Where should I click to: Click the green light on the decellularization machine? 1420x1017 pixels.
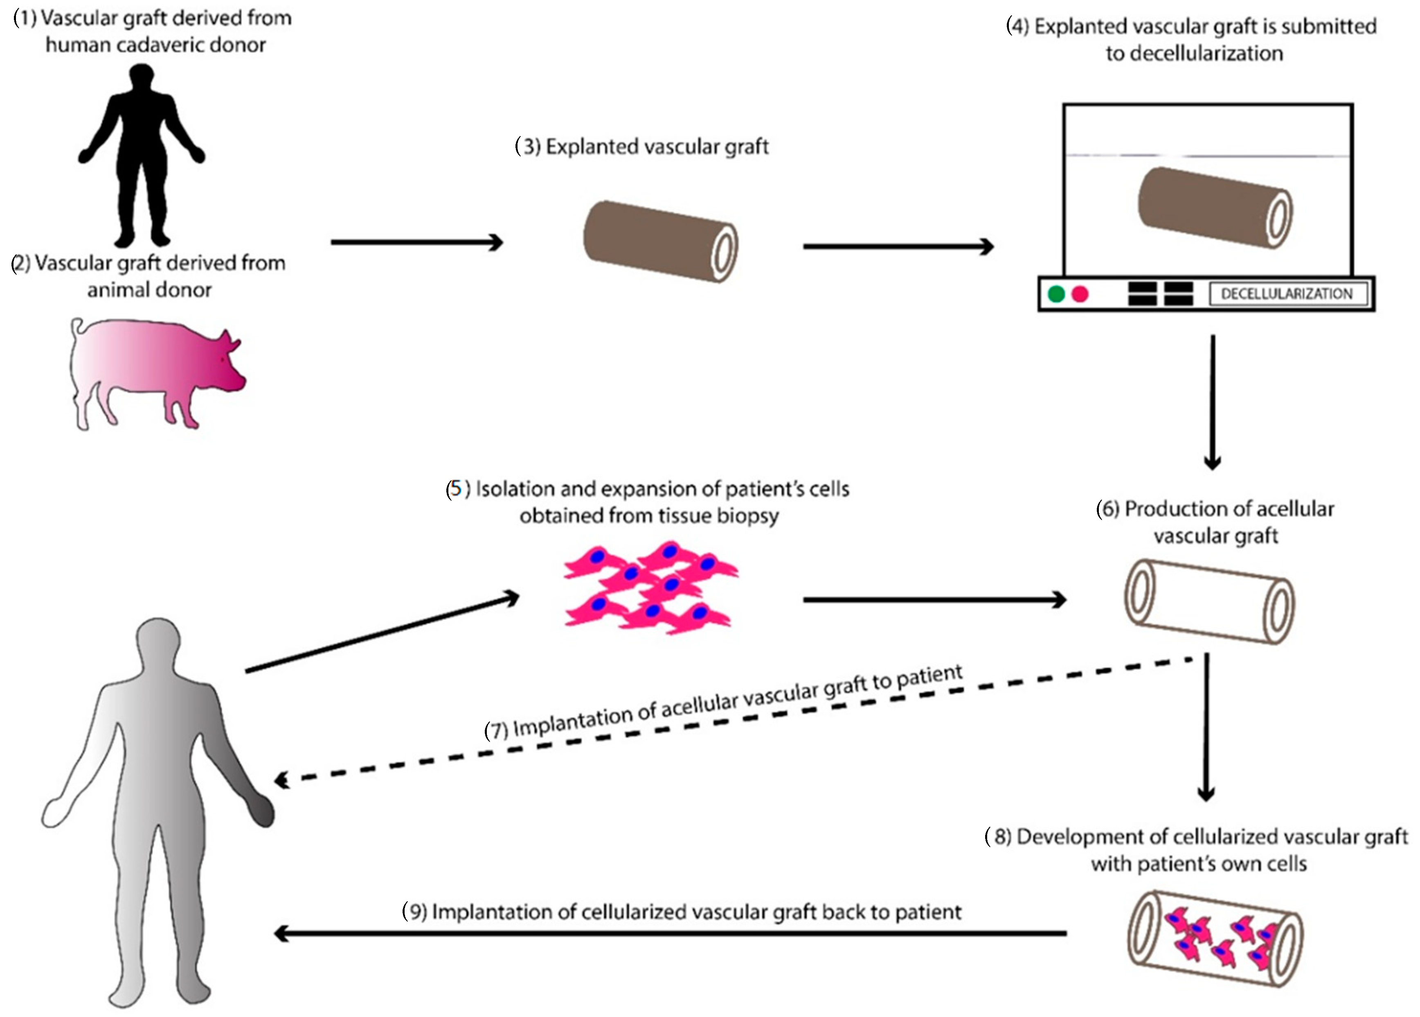point(1056,294)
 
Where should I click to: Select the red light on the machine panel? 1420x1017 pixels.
point(1080,294)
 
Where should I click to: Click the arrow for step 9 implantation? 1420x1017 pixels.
point(670,933)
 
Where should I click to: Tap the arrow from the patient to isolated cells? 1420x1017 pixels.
point(382,634)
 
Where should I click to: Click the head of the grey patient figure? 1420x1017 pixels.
point(158,640)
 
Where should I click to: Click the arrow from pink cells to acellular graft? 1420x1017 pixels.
point(932,599)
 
